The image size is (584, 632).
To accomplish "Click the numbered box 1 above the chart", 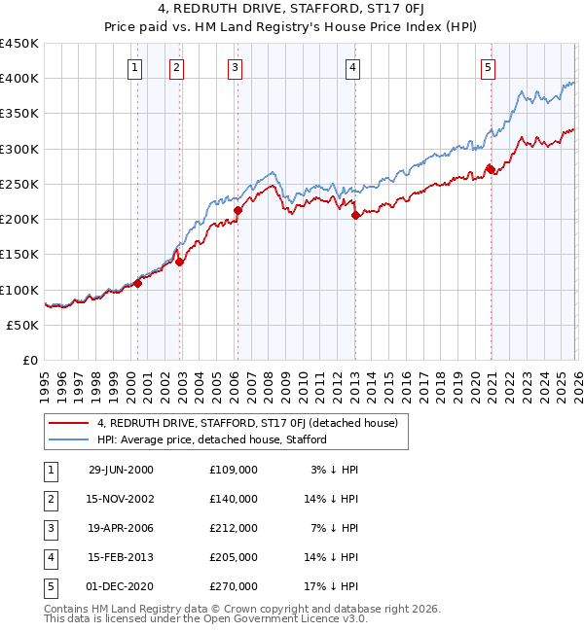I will click(133, 67).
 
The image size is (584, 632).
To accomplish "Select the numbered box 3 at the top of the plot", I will click(236, 67).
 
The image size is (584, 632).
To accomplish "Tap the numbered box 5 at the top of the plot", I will click(488, 67).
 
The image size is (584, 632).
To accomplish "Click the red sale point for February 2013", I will click(355, 216).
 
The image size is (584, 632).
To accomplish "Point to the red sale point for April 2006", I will click(238, 208).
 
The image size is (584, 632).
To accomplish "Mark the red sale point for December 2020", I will click(490, 170).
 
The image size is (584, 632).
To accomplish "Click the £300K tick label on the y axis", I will click(19, 149).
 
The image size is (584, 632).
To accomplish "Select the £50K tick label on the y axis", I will click(23, 325).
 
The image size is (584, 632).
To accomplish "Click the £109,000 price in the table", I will click(234, 470).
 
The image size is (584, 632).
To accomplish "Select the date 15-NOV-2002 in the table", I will click(121, 499).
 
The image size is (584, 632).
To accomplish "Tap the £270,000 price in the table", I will click(234, 586).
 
